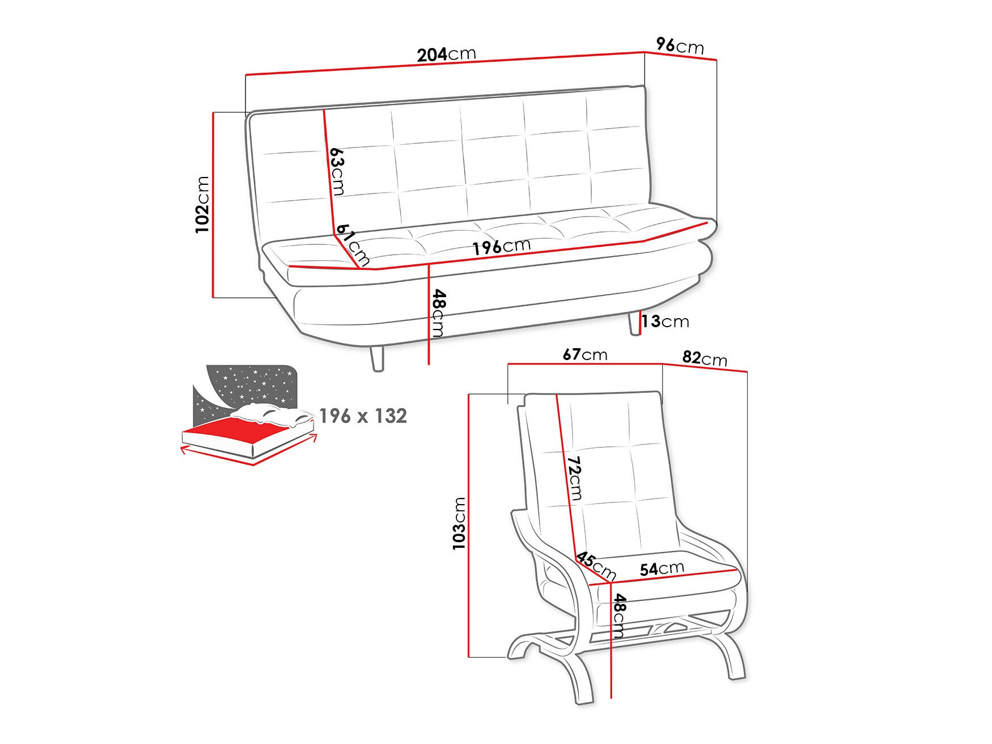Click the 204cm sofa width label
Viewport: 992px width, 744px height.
[446, 54]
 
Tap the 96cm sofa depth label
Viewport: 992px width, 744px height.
[680, 45]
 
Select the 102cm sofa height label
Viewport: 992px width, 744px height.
[202, 204]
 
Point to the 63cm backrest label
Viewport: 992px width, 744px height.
[337, 171]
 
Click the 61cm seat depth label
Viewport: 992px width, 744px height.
[353, 244]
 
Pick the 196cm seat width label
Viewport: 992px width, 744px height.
[502, 247]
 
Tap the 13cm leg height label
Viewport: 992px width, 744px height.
[665, 322]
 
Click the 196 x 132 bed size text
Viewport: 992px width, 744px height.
[363, 416]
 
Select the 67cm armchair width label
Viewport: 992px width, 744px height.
[585, 355]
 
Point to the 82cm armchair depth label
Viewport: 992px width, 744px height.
[705, 358]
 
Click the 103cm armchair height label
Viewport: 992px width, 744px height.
[459, 523]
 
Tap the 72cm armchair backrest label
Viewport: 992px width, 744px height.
[575, 478]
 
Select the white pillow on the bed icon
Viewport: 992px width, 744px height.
[275, 415]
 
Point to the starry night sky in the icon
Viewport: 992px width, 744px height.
[249, 383]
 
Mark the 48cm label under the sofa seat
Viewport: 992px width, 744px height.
[439, 313]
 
